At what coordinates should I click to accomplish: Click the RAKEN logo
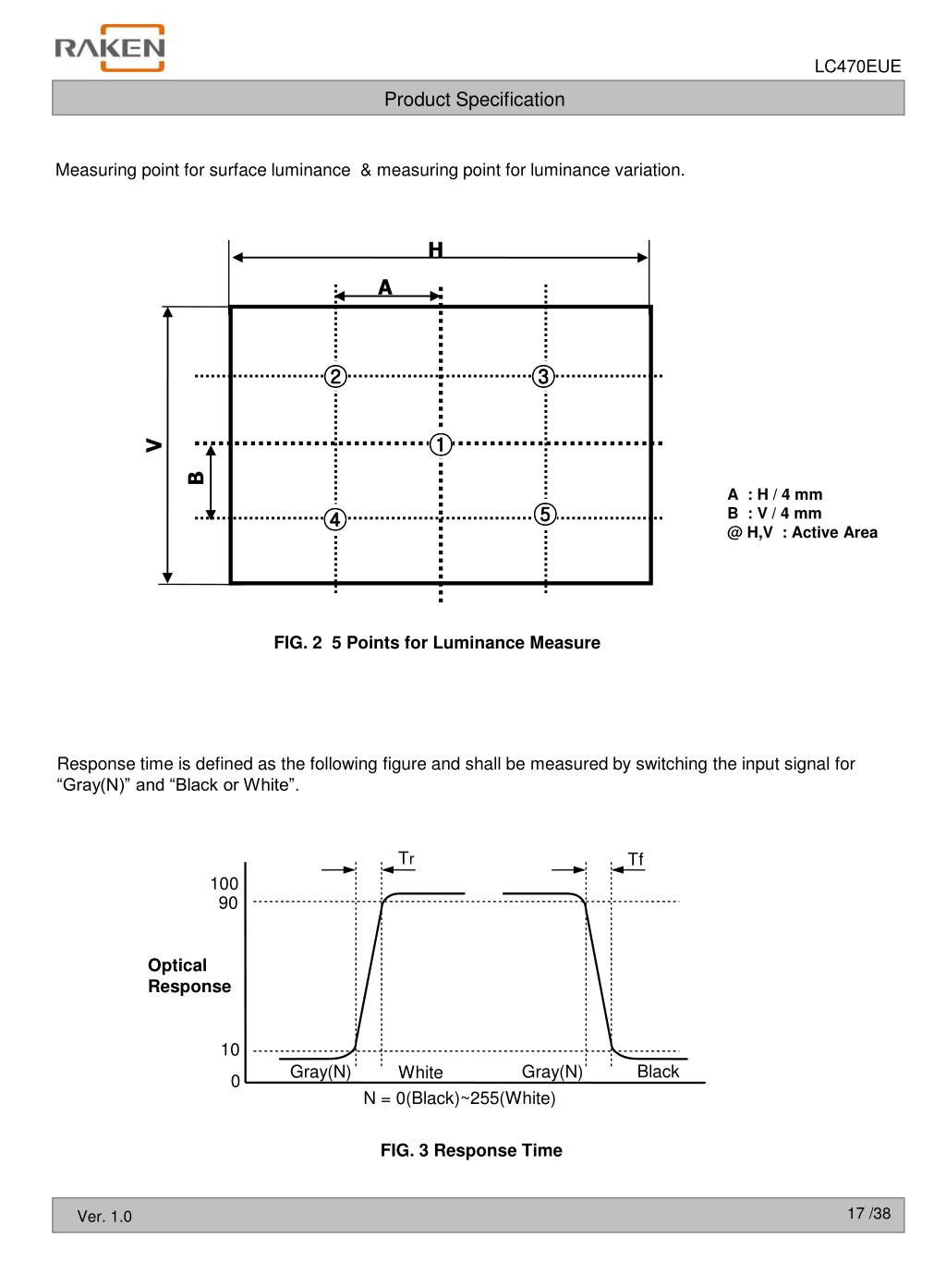[109, 48]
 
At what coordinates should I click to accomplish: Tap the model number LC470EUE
[856, 67]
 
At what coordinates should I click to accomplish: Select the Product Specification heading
[474, 100]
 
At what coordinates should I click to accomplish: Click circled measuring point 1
[441, 444]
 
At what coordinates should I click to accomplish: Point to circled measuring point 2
[335, 376]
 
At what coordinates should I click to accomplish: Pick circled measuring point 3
[543, 376]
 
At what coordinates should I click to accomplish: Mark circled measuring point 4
[335, 519]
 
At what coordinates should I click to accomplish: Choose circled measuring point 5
[545, 514]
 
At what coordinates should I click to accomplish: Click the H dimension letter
[435, 250]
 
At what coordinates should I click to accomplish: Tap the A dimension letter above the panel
[385, 288]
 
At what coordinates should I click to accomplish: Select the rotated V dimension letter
[154, 445]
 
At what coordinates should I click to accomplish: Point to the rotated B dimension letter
[196, 478]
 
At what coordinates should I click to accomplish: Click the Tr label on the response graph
[406, 859]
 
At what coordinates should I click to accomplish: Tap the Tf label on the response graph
[636, 859]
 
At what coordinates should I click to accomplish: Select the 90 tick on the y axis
[228, 903]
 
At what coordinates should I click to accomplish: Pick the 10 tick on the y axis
[229, 1049]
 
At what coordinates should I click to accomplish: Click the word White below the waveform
[420, 1072]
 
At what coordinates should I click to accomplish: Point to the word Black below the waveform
[658, 1071]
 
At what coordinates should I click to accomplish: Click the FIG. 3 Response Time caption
[471, 1150]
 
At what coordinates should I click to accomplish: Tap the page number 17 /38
[868, 1213]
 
